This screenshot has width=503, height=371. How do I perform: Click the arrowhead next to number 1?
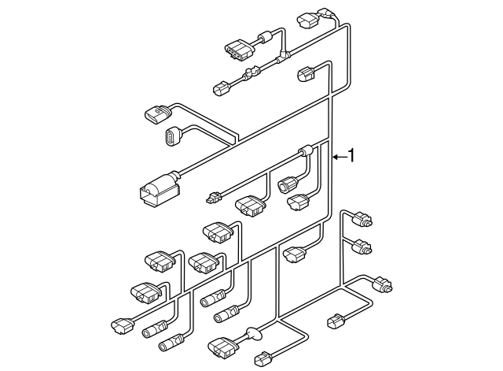336,158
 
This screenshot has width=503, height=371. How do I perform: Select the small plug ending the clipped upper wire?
221,88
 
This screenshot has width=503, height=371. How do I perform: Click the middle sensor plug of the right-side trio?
362,246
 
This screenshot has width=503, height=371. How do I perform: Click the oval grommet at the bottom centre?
253,334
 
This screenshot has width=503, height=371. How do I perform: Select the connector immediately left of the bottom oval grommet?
222,347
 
